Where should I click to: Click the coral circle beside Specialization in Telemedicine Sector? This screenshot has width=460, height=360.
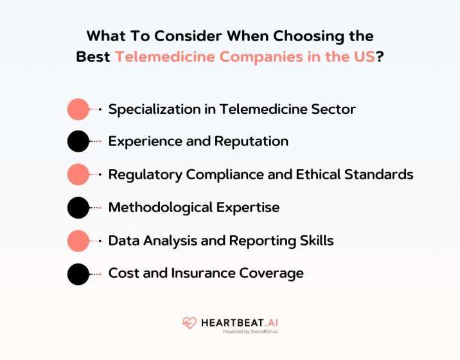click(78, 109)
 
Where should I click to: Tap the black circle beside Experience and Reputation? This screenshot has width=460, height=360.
click(78, 141)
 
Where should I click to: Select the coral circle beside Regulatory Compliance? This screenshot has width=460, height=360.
click(78, 174)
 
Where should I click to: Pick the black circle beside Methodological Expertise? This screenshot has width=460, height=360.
click(78, 208)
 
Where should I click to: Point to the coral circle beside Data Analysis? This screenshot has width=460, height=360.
click(78, 240)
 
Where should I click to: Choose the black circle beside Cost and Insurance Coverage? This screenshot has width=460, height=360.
click(78, 274)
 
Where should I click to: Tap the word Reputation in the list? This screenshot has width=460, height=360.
click(253, 141)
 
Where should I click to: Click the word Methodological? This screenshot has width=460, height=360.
click(157, 208)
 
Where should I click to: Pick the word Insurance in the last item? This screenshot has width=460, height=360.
click(202, 273)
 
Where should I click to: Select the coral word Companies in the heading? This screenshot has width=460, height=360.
click(270, 56)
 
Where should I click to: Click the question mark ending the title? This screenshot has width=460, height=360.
click(380, 56)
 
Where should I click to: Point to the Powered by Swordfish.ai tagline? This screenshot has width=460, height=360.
click(245, 332)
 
